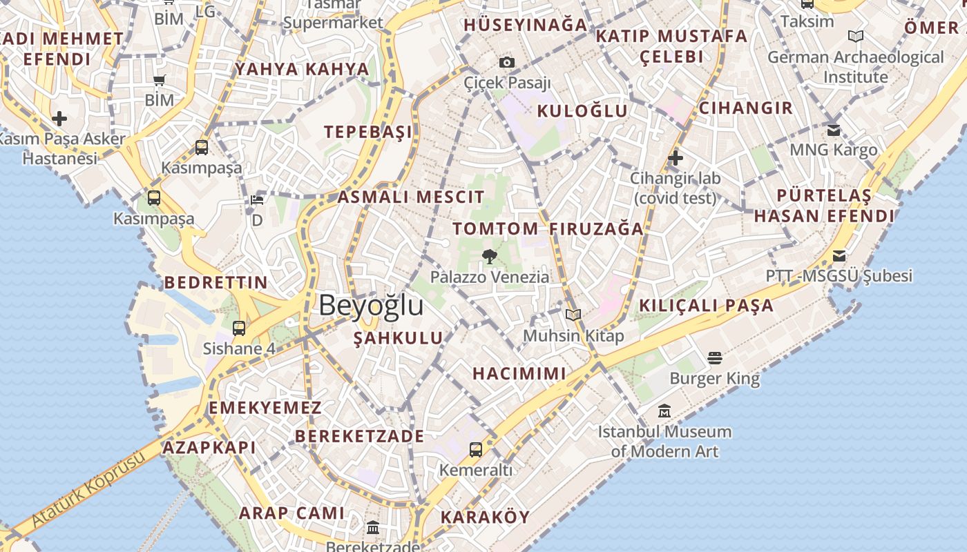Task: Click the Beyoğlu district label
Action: click(x=371, y=305)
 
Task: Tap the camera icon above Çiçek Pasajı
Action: click(x=507, y=62)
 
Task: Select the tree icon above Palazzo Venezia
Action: click(x=490, y=257)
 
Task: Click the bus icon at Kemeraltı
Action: click(x=476, y=450)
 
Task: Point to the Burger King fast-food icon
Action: click(x=715, y=358)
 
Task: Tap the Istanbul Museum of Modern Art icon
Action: click(x=664, y=411)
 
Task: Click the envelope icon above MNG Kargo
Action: click(x=834, y=130)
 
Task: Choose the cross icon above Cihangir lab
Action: click(x=676, y=158)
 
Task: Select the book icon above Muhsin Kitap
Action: click(x=573, y=315)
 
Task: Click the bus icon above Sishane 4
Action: click(x=239, y=328)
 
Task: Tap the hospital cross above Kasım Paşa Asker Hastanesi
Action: click(x=59, y=119)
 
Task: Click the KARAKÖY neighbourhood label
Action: click(x=485, y=517)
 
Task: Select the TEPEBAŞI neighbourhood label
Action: click(x=368, y=132)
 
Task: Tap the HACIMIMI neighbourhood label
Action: click(x=519, y=373)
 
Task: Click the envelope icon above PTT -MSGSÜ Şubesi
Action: click(x=839, y=256)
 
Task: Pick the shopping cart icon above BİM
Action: click(x=160, y=80)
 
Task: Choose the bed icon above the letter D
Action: click(x=257, y=200)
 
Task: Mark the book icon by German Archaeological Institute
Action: click(x=856, y=37)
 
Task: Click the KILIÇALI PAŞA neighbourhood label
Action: click(x=706, y=306)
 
